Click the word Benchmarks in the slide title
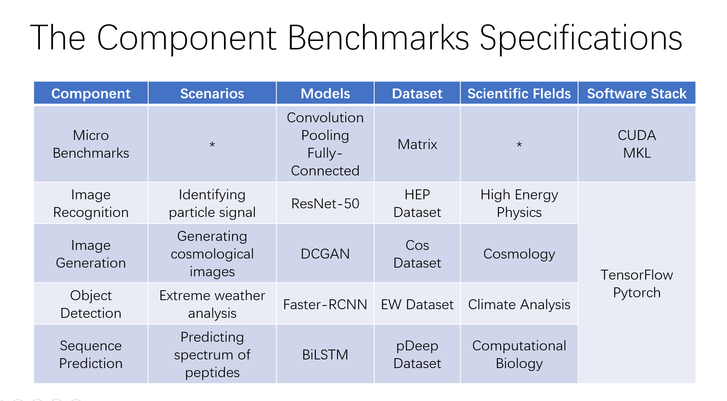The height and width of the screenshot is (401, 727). (x=378, y=38)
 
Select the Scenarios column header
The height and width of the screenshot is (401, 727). (x=212, y=93)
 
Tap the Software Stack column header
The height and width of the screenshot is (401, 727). (x=637, y=93)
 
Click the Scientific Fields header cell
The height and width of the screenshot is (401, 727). (x=519, y=93)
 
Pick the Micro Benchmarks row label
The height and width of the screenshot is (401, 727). (x=91, y=144)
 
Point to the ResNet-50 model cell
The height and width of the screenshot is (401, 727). (x=325, y=203)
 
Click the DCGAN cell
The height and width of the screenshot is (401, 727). (x=325, y=254)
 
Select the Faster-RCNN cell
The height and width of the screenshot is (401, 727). (x=325, y=304)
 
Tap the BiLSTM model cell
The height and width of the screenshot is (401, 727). (x=325, y=354)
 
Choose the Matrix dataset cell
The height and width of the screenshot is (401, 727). (x=417, y=144)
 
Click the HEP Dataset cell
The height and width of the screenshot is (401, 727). (x=417, y=203)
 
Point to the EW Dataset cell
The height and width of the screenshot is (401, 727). (x=417, y=304)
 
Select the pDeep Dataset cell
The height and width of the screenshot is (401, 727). (x=417, y=354)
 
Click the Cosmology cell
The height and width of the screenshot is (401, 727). (x=519, y=254)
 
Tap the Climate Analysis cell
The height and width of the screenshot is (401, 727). (x=519, y=304)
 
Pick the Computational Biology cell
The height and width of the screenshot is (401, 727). (x=519, y=354)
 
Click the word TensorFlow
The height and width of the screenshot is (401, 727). (x=637, y=275)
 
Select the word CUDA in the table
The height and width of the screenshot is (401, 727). (x=637, y=135)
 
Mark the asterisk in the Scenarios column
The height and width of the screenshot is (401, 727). (x=212, y=145)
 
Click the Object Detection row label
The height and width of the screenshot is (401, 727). (x=91, y=304)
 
